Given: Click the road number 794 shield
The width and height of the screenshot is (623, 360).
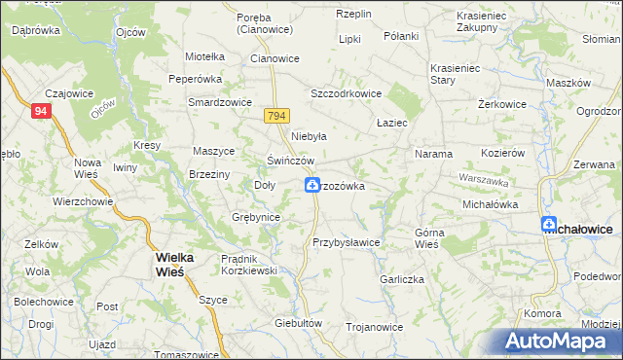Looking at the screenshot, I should tap(275, 116).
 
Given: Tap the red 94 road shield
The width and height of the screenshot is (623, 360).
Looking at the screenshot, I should tap(40, 112).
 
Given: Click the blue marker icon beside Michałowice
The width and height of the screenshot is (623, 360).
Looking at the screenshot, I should tap(548, 225).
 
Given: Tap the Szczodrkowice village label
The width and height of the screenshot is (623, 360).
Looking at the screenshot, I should tap(345, 93).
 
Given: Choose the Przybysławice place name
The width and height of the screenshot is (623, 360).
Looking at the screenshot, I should tap(346, 242).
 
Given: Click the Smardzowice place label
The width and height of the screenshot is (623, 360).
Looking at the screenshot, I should tap(221, 102).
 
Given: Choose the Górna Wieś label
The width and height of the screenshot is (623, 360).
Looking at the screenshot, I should tap(427, 239).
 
